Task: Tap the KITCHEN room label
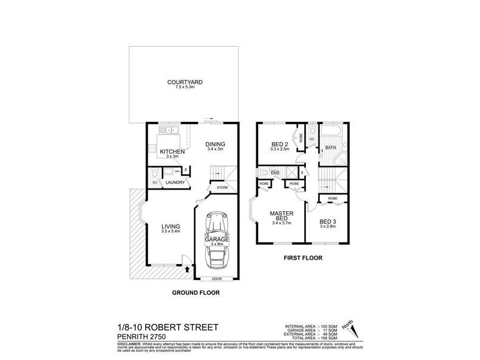171,151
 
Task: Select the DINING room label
215,144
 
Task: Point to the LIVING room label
170,226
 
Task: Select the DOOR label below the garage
216,279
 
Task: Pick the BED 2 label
279,145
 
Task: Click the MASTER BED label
280,216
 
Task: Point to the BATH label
331,148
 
